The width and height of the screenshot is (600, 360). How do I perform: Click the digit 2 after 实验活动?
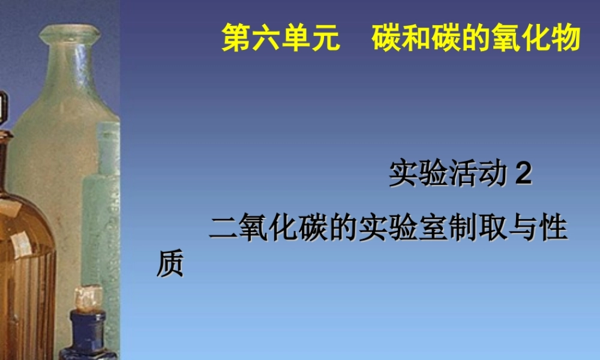524,175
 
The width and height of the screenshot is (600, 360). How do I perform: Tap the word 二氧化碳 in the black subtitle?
268,229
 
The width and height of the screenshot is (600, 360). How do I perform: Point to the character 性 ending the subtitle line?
553,229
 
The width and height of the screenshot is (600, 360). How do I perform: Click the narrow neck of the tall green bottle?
69,66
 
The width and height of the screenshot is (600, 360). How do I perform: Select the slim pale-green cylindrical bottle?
102,210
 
